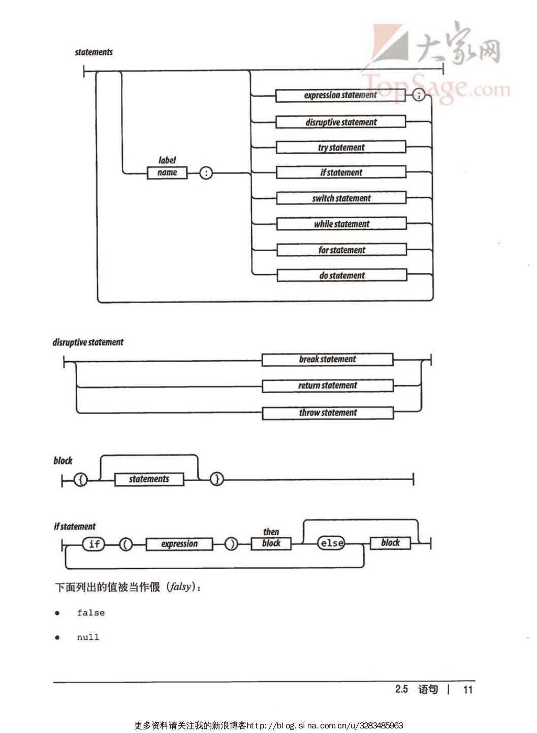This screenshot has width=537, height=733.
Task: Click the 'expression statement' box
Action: (x=340, y=95)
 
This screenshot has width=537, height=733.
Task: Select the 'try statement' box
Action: (x=341, y=148)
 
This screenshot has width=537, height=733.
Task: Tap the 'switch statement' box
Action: (x=341, y=198)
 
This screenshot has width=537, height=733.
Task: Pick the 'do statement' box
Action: (x=341, y=276)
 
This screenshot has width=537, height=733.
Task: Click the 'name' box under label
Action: (x=167, y=173)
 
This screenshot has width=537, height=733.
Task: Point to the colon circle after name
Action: (x=205, y=173)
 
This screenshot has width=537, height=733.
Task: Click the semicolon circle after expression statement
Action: (x=418, y=95)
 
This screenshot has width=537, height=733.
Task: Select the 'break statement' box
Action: (x=327, y=360)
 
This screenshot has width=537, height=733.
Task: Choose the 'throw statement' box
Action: (x=328, y=413)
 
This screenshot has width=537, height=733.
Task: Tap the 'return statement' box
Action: (x=327, y=386)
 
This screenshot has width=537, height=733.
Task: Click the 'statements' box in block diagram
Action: (x=149, y=479)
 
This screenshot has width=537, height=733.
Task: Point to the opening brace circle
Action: (x=81, y=479)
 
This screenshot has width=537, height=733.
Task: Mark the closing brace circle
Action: (x=217, y=479)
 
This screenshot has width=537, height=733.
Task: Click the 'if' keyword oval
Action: (x=94, y=544)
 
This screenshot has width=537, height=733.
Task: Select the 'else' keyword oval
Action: (x=331, y=543)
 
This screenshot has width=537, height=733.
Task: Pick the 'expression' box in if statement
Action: (x=179, y=544)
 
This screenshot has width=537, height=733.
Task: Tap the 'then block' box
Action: (x=271, y=543)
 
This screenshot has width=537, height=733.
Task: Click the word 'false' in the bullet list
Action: (x=90, y=613)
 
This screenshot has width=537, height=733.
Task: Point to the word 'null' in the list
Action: (x=88, y=637)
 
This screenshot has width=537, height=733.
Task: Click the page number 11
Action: (x=468, y=689)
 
